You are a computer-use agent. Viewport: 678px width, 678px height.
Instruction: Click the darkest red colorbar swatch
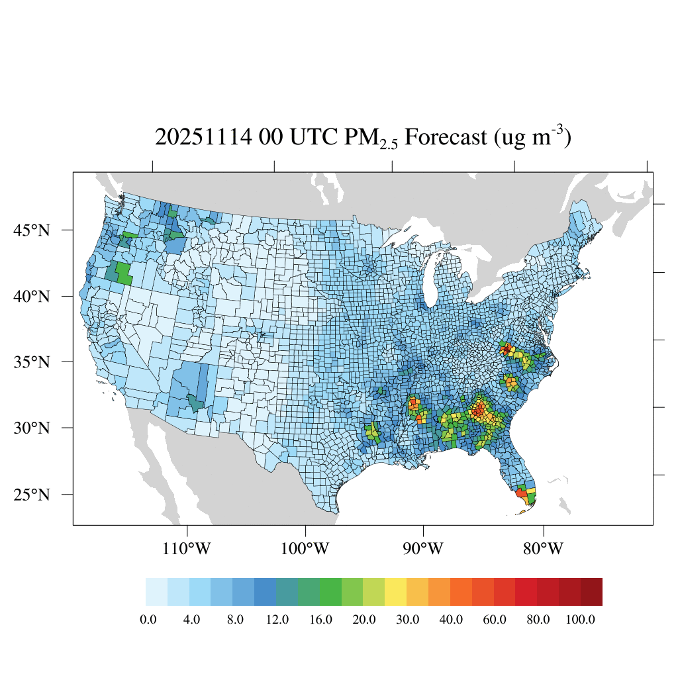(591, 592)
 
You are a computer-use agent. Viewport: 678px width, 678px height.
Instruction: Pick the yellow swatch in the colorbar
(395, 592)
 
